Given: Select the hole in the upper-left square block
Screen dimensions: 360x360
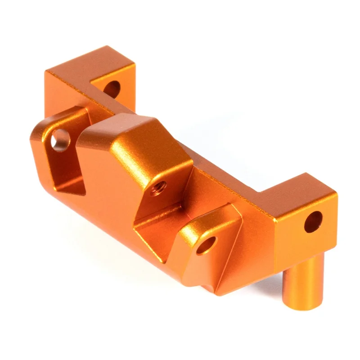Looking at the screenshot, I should pos(112,88).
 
